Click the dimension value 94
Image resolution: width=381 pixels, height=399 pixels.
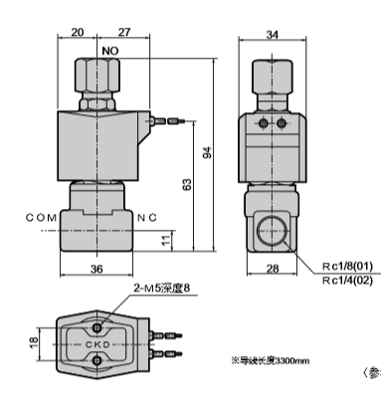207,152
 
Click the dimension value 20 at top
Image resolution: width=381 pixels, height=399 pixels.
79,31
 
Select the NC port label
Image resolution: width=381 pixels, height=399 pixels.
147,216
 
